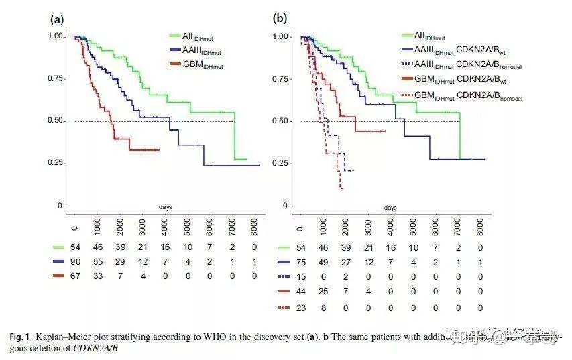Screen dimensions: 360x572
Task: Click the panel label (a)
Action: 57,19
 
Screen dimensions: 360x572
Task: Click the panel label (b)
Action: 280,19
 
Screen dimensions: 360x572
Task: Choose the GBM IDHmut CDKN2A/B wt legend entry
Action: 459,80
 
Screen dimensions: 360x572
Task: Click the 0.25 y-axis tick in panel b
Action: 282,164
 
